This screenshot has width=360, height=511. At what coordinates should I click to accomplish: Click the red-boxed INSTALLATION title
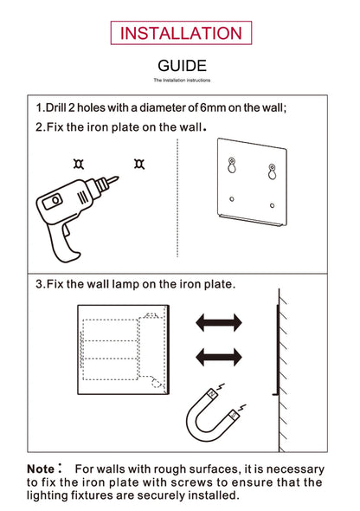pos(181,33)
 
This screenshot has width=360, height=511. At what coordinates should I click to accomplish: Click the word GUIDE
pos(182,66)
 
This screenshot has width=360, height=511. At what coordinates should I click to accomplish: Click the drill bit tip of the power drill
pos(115,179)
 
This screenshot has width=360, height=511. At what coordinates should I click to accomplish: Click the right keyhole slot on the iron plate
pos(273,172)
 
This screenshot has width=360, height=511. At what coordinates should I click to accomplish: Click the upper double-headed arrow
pos(218,323)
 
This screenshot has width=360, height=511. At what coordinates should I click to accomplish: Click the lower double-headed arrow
pos(218,355)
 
